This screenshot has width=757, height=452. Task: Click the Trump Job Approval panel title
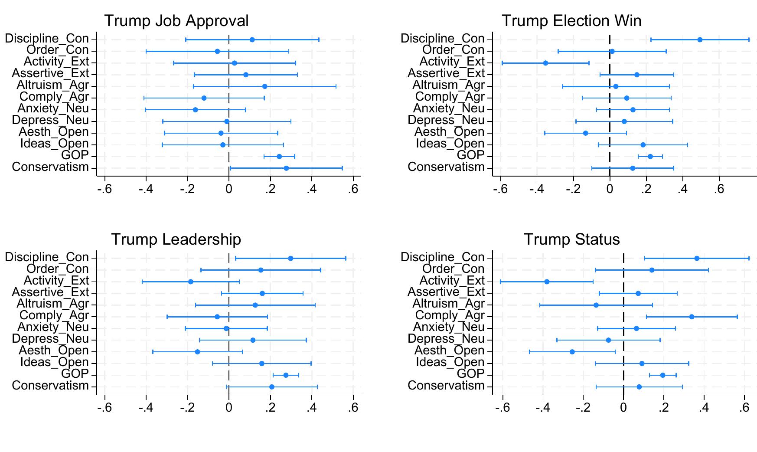(176, 21)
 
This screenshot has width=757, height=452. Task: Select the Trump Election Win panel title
(571, 21)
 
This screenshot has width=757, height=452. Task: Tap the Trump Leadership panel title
(176, 239)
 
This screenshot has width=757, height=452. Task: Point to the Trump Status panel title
(571, 239)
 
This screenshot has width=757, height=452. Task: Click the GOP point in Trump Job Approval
(279, 157)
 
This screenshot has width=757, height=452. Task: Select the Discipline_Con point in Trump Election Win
(700, 39)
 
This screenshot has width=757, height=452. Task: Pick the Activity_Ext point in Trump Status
(547, 282)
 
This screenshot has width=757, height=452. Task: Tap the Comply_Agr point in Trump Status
(692, 317)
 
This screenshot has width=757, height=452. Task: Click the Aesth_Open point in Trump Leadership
(197, 352)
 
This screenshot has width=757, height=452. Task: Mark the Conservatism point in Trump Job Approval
(286, 168)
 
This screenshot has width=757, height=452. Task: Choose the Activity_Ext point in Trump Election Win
(545, 63)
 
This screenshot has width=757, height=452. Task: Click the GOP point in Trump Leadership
(286, 375)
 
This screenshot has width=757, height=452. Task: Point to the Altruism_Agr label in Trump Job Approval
(52, 85)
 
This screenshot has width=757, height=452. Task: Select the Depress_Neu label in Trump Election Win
(446, 121)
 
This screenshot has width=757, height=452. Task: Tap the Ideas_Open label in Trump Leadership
(54, 363)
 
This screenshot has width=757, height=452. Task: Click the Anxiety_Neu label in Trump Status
(449, 327)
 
